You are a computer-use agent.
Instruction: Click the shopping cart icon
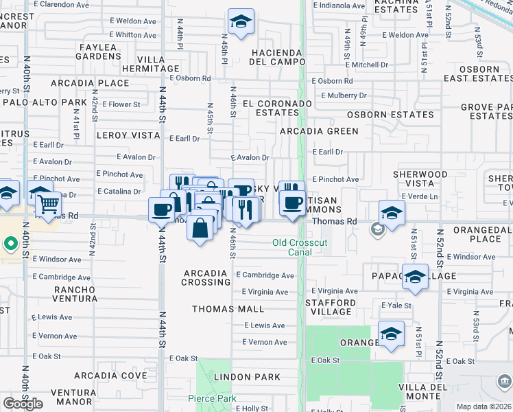pos(47,204)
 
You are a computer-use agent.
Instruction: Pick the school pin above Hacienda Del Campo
pos(241,22)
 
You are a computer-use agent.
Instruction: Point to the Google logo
pos(23,404)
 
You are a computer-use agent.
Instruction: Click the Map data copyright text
pos(484,407)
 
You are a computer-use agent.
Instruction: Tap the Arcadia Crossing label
pos(206,277)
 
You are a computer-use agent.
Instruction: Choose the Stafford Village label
pos(331,307)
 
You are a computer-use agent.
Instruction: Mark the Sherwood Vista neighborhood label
pos(420,179)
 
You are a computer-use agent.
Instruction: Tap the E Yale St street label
pos(396,306)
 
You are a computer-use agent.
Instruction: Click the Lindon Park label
pos(247,377)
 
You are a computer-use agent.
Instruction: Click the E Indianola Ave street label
pos(339,5)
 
